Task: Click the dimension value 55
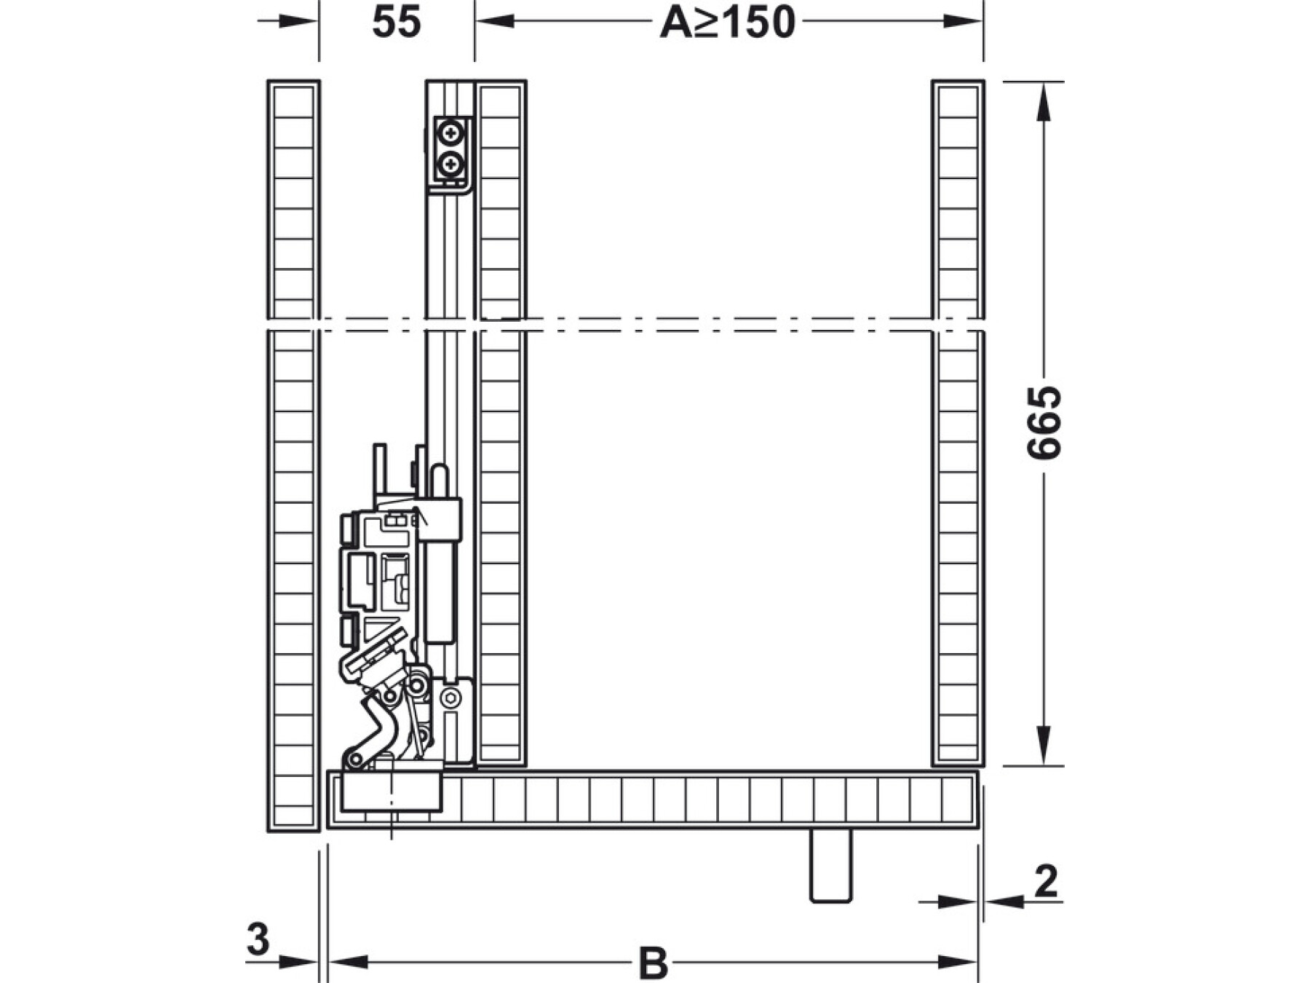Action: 397,22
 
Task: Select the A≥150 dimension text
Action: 727,22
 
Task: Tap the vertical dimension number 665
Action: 1044,423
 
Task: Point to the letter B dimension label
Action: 653,963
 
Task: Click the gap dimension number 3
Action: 258,939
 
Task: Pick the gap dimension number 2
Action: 1046,881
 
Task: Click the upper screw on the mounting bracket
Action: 451,133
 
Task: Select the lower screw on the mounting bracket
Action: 451,165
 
